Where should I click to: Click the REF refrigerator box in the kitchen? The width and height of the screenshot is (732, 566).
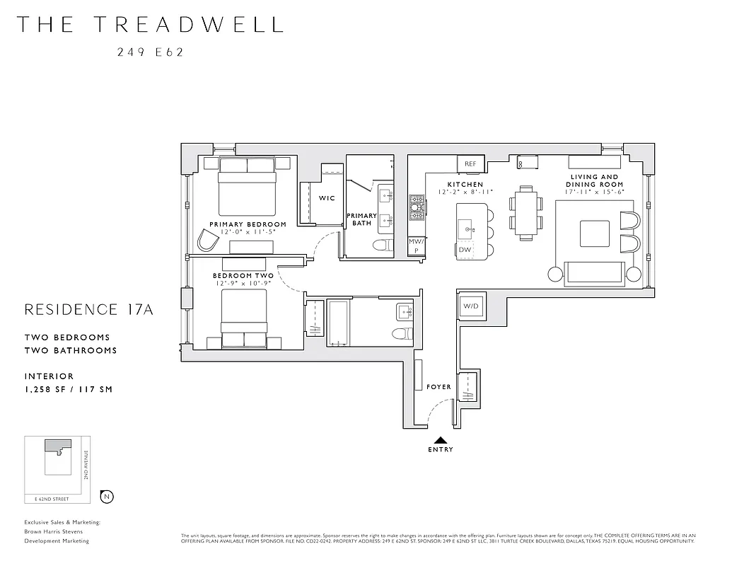click(x=470, y=163)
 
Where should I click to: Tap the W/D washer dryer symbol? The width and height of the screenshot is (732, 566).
click(x=470, y=306)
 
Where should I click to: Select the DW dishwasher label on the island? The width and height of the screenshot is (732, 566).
click(x=465, y=250)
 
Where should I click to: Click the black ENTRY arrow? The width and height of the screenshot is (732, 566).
click(x=440, y=440)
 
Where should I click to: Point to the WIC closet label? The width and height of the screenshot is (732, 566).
click(x=327, y=198)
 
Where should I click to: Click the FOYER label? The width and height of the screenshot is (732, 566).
click(x=438, y=387)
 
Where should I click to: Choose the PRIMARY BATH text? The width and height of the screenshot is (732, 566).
click(x=361, y=219)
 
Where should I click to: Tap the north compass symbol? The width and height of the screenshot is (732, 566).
click(x=107, y=496)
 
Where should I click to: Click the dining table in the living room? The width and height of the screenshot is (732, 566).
click(x=525, y=212)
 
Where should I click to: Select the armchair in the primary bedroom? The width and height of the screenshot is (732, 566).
click(x=209, y=241)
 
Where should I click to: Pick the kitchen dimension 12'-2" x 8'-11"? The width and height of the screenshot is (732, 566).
click(x=465, y=192)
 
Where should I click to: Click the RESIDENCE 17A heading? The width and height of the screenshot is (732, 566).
click(x=88, y=309)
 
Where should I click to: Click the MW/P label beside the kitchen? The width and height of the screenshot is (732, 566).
click(x=417, y=246)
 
